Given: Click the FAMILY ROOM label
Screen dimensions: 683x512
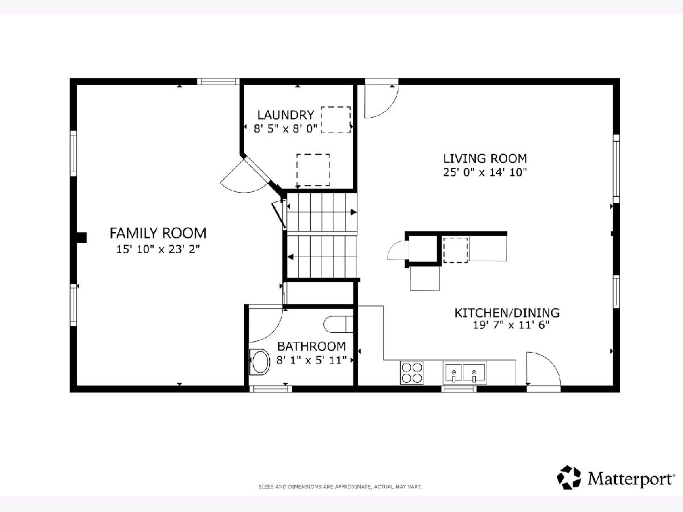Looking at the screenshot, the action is [x=158, y=233].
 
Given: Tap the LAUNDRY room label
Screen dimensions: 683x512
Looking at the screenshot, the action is [x=286, y=115].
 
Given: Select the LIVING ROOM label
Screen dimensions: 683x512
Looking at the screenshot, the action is [x=485, y=159].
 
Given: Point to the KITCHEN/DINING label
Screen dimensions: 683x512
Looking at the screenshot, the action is [x=507, y=313].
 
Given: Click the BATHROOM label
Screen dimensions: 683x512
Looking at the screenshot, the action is [x=311, y=346].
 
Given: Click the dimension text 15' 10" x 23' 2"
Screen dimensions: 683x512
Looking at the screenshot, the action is [x=158, y=249].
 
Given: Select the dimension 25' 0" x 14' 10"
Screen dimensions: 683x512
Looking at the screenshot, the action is [x=485, y=172].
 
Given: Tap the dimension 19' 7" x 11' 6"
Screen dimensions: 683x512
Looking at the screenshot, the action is [x=512, y=325].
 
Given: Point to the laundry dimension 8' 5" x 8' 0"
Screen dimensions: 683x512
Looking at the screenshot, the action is [x=286, y=129].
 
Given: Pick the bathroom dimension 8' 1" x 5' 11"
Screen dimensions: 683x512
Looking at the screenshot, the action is [x=311, y=360].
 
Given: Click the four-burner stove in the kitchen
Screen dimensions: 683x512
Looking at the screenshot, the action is [x=412, y=373].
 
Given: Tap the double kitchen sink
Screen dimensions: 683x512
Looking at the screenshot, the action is [x=465, y=373].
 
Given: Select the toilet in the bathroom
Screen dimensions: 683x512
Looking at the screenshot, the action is [x=338, y=324].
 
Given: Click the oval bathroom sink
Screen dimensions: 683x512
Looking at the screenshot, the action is [x=260, y=362].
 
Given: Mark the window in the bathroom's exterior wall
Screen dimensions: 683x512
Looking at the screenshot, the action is [x=270, y=389].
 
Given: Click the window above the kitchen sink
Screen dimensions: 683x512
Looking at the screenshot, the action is [x=459, y=389].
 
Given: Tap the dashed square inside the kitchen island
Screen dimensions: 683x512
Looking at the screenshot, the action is [x=455, y=250].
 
